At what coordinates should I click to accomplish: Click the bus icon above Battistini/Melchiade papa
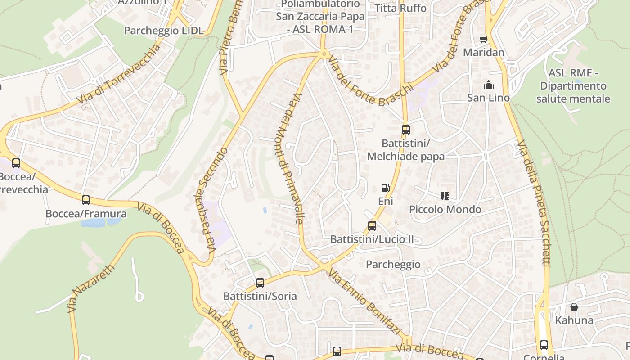click(405, 130)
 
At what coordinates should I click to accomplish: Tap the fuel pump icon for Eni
click(385, 188)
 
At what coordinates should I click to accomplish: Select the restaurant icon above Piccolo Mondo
click(445, 196)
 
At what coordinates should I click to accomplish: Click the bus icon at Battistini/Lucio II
click(372, 226)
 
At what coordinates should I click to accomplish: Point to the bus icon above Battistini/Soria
click(260, 283)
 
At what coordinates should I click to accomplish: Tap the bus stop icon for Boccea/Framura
click(86, 200)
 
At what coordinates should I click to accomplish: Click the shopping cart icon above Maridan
click(484, 40)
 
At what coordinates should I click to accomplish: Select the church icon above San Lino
click(488, 85)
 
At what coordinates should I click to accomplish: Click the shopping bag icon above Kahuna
click(574, 307)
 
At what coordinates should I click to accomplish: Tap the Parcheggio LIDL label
click(164, 31)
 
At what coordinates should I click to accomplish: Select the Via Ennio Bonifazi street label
click(364, 302)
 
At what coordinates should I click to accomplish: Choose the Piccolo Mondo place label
click(445, 209)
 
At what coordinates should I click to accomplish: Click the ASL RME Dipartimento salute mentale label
click(573, 85)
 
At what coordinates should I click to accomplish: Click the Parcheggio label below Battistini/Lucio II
click(393, 264)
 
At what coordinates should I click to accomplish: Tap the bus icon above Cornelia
click(544, 345)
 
